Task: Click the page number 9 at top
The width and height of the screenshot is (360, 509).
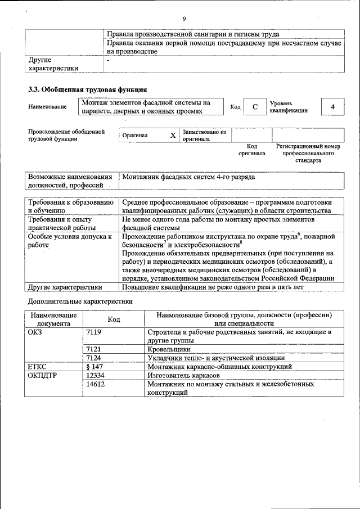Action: (x=184, y=20)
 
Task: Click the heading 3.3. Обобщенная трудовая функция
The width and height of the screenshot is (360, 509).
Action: (x=87, y=89)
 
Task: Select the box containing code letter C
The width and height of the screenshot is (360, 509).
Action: (x=255, y=107)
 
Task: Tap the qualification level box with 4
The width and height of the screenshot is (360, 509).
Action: (x=332, y=107)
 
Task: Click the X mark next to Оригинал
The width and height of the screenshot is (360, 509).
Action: (x=173, y=136)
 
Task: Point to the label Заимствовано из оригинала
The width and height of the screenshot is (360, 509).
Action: (x=204, y=136)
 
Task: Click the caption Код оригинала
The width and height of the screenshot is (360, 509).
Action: (x=251, y=150)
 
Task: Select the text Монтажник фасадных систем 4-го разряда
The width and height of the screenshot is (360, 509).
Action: (x=188, y=177)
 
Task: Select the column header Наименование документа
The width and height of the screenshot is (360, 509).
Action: (x=53, y=319)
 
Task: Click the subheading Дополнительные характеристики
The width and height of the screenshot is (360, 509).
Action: (x=80, y=301)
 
